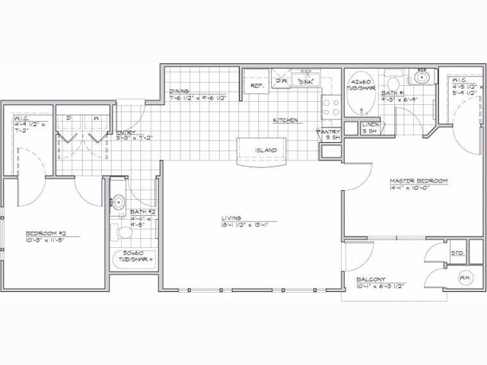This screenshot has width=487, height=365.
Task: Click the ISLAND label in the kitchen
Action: coord(266,151)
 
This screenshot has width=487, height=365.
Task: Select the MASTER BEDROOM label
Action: coord(419,180)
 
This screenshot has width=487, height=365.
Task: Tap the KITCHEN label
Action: coord(285,121)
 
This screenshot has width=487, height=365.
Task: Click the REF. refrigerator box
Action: coord(256,86)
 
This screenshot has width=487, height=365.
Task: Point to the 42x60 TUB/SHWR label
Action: coord(361,83)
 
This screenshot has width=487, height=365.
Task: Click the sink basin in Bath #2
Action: coord(119,202)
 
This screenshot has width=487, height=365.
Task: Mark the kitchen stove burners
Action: coord(332,107)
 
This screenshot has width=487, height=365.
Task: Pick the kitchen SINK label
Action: coord(306,80)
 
